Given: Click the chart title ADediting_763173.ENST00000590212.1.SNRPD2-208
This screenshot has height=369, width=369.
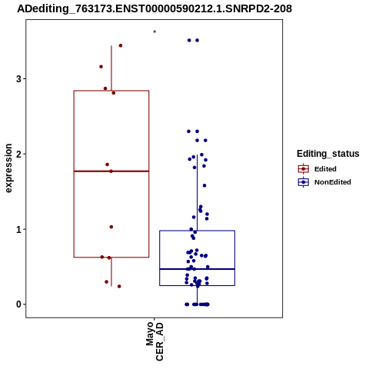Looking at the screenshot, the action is [x=155, y=8].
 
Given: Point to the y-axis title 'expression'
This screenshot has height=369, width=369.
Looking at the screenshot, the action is [x=8, y=168].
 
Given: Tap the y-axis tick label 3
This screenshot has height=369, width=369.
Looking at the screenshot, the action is [x=18, y=78].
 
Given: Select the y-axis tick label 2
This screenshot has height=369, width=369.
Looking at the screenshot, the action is [x=18, y=154].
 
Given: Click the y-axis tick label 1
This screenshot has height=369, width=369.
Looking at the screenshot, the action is [x=18, y=229].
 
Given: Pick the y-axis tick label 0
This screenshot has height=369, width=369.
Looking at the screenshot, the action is [x=18, y=304].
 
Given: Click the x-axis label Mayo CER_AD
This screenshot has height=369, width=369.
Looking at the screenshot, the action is [x=155, y=341].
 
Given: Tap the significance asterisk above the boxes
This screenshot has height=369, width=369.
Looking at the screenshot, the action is [x=155, y=32].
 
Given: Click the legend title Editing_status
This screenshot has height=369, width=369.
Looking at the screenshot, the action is [x=328, y=154].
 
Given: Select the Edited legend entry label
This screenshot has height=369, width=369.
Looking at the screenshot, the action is [x=325, y=169].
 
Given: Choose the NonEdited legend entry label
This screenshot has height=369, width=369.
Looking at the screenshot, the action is [x=333, y=182].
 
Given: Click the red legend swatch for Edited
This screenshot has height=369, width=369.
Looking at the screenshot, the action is [x=304, y=169].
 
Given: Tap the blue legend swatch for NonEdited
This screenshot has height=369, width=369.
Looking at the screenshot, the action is [x=304, y=182].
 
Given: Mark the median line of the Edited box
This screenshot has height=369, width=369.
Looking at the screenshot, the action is [x=111, y=171].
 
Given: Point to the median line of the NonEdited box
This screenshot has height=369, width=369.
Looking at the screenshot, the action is [x=197, y=269].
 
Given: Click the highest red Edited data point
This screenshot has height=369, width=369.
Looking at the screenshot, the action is [x=121, y=45].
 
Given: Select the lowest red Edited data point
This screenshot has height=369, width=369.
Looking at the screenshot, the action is [x=119, y=286].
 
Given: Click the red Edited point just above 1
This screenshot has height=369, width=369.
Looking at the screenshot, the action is [x=111, y=227].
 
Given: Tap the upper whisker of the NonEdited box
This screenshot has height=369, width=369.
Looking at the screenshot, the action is [x=197, y=193].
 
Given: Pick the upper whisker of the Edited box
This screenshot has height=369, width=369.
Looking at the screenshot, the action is [x=111, y=68].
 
